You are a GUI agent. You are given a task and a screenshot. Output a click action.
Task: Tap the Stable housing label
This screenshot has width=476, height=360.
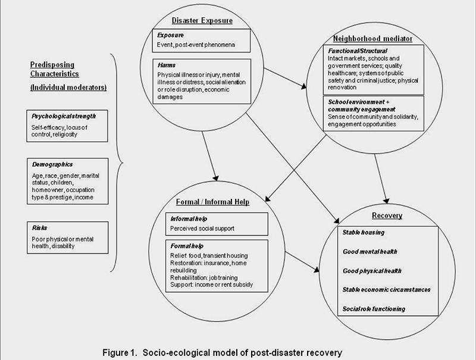pos(364,232)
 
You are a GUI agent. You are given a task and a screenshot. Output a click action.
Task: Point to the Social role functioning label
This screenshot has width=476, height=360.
pos(374,309)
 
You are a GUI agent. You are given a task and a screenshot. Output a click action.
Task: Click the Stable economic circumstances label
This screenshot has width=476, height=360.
pos(387,290)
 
